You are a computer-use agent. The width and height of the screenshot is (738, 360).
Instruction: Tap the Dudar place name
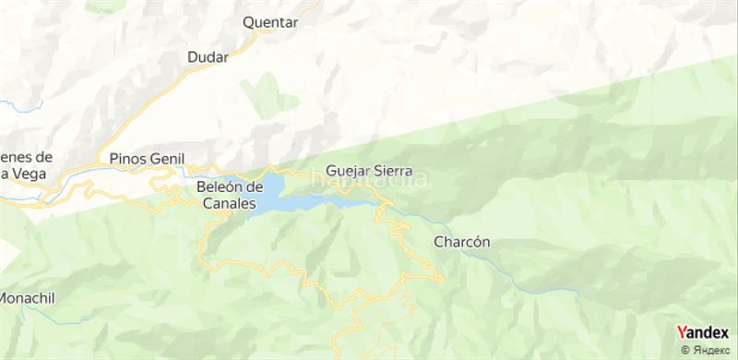pyautogui.click(x=208, y=57)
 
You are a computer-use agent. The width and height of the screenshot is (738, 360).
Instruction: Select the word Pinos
pyautogui.click(x=126, y=157)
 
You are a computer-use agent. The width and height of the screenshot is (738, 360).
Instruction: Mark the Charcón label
pyautogui.click(x=460, y=242)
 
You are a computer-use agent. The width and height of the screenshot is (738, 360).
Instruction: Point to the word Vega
pyautogui.click(x=18, y=173)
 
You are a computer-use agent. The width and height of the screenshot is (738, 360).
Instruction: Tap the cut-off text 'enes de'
pyautogui.click(x=28, y=157)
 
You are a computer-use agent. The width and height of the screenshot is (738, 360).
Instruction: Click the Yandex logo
pyautogui.click(x=702, y=332)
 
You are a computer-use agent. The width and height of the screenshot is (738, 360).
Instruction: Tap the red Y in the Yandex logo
pyautogui.click(x=682, y=332)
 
